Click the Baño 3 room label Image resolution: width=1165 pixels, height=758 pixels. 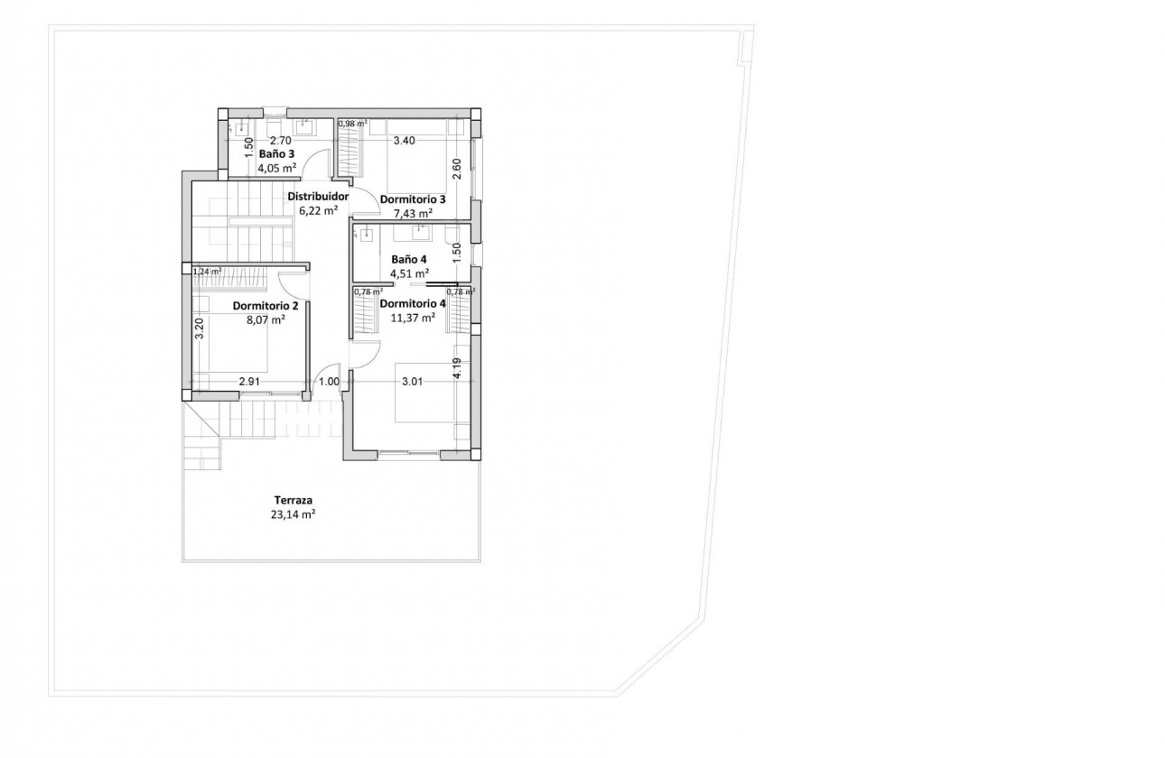coord(275,153)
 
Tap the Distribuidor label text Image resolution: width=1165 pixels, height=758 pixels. coord(318,196)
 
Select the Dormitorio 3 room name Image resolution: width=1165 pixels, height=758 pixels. coord(413,199)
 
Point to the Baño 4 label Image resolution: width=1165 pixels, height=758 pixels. coord(409,258)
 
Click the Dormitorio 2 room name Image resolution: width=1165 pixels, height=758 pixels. coord(266,305)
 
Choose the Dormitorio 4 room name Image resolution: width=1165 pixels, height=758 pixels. coord(413,303)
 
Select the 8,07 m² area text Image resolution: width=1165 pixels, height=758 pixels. coord(266,319)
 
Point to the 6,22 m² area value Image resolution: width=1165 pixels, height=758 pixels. coord(318,210)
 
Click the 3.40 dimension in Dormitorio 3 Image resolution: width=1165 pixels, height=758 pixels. coord(404,141)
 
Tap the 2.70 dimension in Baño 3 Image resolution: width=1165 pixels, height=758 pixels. coord(281,141)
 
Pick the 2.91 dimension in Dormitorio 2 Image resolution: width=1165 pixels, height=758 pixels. coord(250,382)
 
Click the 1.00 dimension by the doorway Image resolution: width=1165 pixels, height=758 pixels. coord(330,382)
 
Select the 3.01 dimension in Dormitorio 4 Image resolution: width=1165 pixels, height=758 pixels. coord(413,382)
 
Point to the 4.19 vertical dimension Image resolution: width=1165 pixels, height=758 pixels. coord(458,368)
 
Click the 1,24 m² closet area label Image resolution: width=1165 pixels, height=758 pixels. coord(207,271)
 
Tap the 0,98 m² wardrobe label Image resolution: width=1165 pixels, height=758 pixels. coord(353,124)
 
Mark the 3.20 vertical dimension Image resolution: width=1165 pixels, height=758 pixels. coord(200,328)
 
